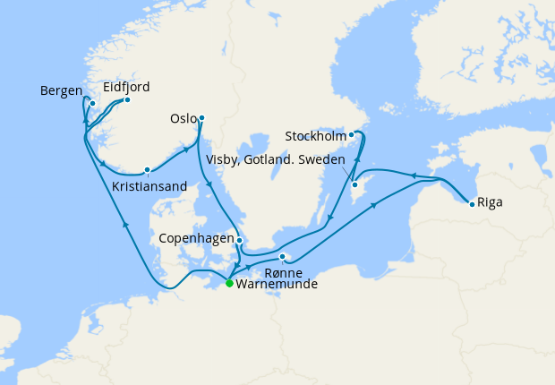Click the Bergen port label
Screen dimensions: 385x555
pos(62,91)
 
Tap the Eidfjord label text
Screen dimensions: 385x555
pos(126,87)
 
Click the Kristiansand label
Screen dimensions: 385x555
pos(149,186)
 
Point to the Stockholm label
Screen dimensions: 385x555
pos(314,137)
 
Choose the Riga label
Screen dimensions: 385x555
pos(490,202)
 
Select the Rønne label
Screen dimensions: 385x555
pos(284,272)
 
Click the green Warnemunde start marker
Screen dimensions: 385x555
pos(229,283)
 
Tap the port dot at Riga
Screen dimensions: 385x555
pos(472,204)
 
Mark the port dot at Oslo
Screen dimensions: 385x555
pos(201,117)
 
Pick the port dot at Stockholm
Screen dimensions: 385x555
pos(352,135)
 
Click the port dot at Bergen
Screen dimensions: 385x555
pos(92,103)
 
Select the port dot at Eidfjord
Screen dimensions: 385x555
pos(127,99)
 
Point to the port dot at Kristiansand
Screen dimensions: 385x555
pos(147,169)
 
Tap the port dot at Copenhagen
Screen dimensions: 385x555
pos(239,240)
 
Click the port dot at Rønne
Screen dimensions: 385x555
pos(282,258)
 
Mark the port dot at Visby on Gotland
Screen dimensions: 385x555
pos(354,185)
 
